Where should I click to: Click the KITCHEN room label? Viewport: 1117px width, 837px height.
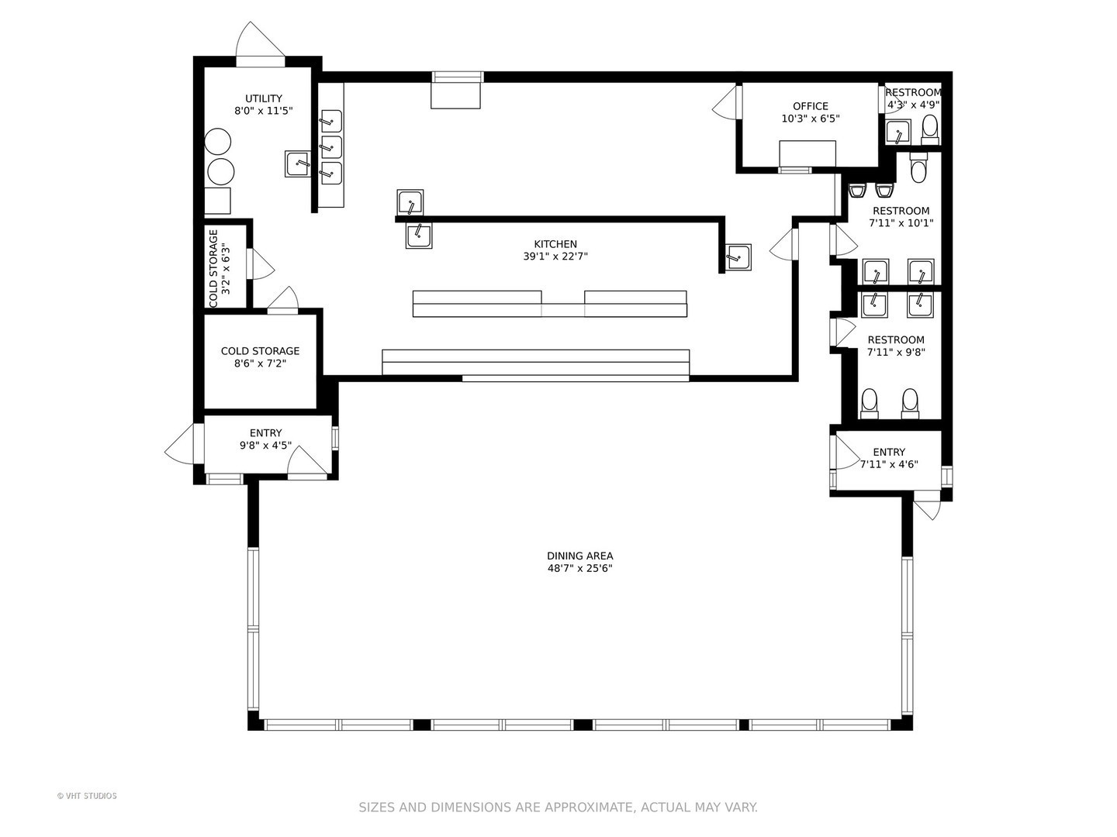[x=555, y=244]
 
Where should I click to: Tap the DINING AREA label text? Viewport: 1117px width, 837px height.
[x=579, y=556]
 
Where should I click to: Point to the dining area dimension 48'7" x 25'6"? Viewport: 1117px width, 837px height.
[x=579, y=568]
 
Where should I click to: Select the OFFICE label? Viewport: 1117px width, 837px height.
[x=810, y=106]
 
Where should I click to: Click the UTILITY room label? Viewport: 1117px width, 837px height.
[x=264, y=98]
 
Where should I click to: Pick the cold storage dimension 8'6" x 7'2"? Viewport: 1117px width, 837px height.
[x=260, y=363]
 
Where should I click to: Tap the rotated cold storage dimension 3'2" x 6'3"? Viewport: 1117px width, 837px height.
[x=226, y=269]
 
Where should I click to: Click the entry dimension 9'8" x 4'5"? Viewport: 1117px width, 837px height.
[x=265, y=446]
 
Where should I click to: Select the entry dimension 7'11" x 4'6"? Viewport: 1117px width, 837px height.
[x=889, y=464]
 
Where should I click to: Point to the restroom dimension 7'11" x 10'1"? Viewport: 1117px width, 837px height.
[x=901, y=223]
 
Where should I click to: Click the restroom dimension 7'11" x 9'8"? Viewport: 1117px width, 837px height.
[x=896, y=352]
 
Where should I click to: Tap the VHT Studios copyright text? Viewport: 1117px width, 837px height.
[x=87, y=796]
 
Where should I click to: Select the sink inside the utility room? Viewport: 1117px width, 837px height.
[x=298, y=164]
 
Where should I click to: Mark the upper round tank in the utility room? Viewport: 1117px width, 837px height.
[x=218, y=142]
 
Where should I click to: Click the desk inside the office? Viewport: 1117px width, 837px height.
[x=807, y=153]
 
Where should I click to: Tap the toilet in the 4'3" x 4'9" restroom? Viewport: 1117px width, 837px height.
[x=929, y=129]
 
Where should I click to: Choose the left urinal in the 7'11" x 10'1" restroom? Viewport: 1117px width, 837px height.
[x=857, y=191]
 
